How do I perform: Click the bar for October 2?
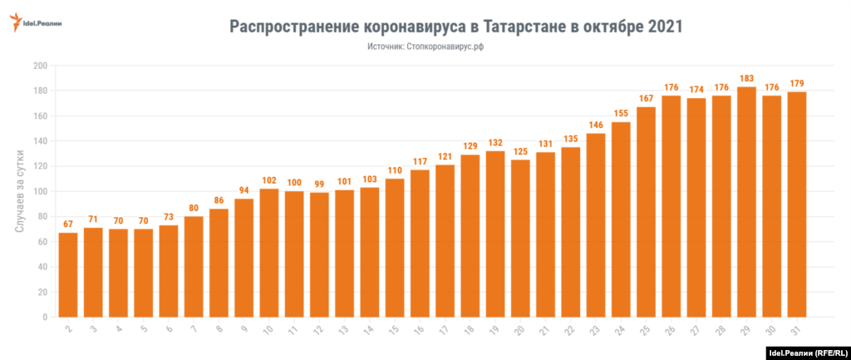point(68,274)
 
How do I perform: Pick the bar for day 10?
point(269,253)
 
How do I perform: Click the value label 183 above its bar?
point(746,78)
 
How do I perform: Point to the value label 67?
point(68,224)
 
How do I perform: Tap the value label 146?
point(596,125)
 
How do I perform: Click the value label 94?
point(244,190)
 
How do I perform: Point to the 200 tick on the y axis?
point(39,66)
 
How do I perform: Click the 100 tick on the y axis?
point(39,191)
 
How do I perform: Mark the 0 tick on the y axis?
point(44,318)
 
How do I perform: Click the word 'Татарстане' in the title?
point(524,27)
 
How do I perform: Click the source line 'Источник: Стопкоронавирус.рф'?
point(425,47)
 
